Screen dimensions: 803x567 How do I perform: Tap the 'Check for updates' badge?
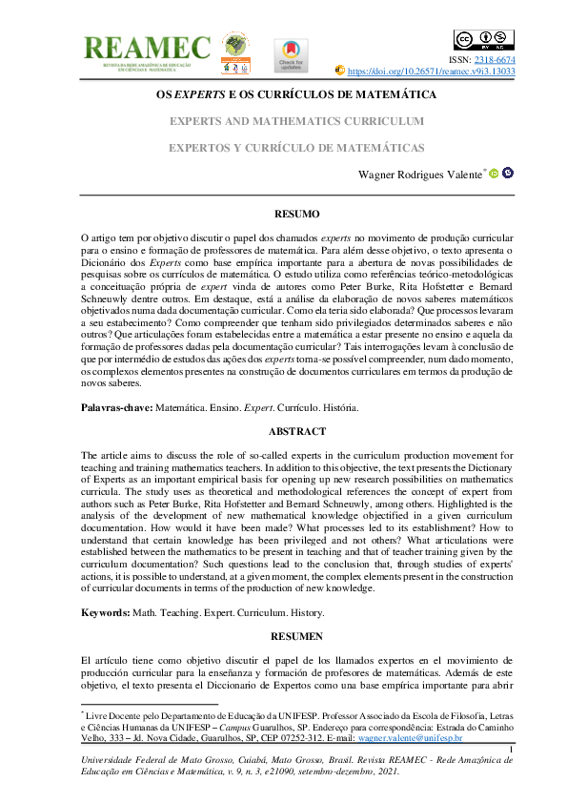coord(291,55)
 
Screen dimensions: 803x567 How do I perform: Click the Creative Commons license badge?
coord(484,40)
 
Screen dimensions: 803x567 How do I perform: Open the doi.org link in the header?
coord(431,71)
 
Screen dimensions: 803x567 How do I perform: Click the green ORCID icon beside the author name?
coord(494,174)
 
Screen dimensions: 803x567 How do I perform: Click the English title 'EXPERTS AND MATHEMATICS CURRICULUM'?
coord(296,122)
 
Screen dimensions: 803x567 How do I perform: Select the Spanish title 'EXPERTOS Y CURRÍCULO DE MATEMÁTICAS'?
coord(296,149)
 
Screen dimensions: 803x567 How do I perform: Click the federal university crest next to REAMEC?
coord(234,52)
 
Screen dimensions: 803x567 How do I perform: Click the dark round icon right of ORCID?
coord(508,174)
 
